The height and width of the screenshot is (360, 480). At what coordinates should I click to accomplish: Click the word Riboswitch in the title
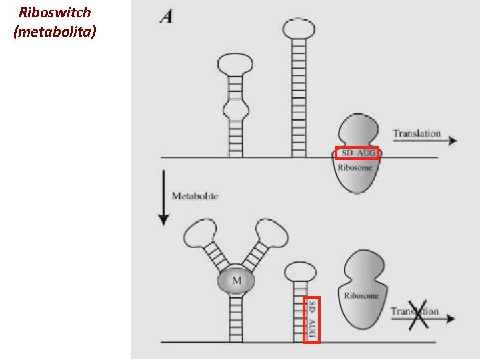pos(55,13)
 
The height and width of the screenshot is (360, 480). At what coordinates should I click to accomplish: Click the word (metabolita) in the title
pos(55,31)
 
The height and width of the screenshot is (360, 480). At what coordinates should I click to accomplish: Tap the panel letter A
pos(166,17)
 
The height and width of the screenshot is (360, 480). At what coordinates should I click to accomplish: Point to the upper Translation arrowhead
pos(453,141)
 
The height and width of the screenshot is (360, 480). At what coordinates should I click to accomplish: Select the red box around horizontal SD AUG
pos(357,153)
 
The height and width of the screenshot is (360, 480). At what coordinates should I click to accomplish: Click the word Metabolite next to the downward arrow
pos(195,196)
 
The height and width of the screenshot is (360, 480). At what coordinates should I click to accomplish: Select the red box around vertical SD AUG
pos(311,319)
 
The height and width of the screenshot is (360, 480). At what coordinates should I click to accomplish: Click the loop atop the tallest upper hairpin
pos(298,28)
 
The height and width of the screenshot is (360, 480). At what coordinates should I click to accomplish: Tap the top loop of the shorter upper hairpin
pos(235,65)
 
